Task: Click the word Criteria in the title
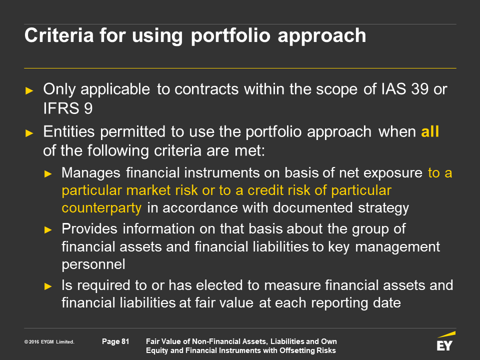(59, 35)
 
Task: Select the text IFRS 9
(67, 108)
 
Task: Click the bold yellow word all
(430, 131)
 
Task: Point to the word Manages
(91, 173)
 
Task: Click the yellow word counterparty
(101, 208)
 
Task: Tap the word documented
(312, 207)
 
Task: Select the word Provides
(89, 228)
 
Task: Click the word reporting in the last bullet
(339, 303)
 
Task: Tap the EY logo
(445, 341)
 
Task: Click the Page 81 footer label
(115, 341)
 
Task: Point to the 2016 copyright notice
(49, 342)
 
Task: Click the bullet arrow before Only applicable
(29, 90)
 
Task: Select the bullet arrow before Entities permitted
(29, 133)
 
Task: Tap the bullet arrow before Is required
(48, 286)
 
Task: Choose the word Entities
(69, 131)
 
